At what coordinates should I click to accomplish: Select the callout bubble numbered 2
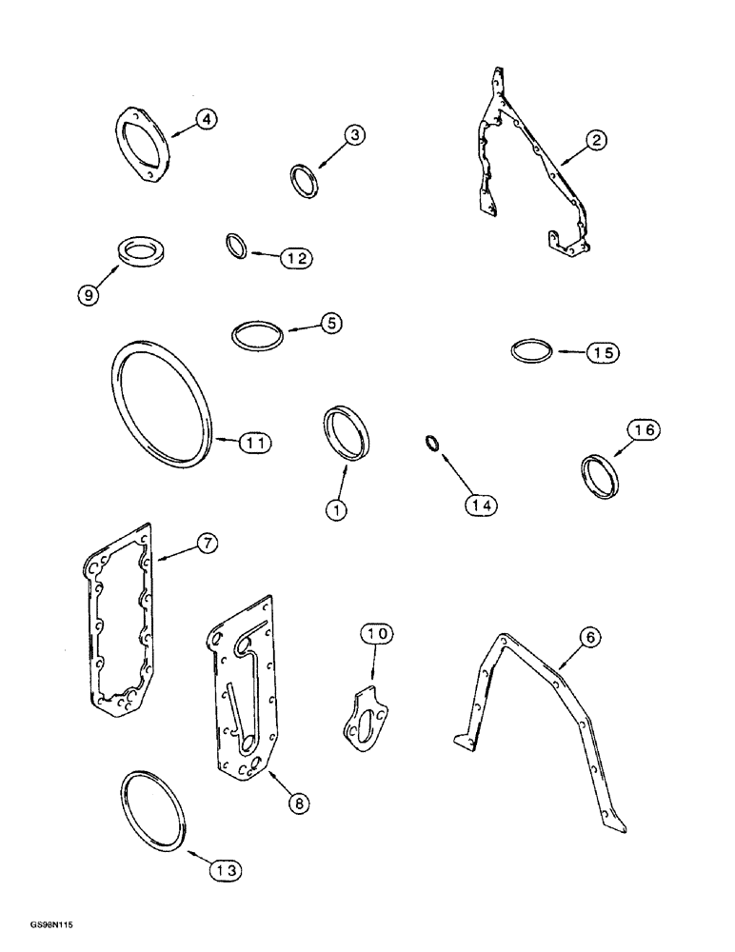[595, 141]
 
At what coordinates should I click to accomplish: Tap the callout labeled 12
[295, 257]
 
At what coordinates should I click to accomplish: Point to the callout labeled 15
[602, 352]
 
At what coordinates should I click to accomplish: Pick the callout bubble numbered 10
[375, 633]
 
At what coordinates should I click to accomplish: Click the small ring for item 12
[237, 247]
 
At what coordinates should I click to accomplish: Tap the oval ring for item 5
[259, 335]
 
